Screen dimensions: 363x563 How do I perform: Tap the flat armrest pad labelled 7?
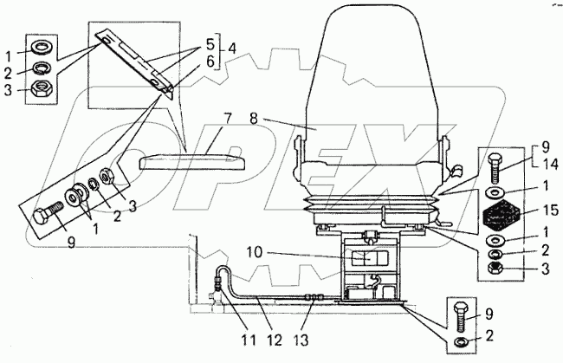(x=195, y=160)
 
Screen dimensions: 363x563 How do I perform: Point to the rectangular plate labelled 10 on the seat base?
(x=369, y=257)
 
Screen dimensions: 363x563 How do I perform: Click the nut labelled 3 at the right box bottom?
(x=494, y=269)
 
